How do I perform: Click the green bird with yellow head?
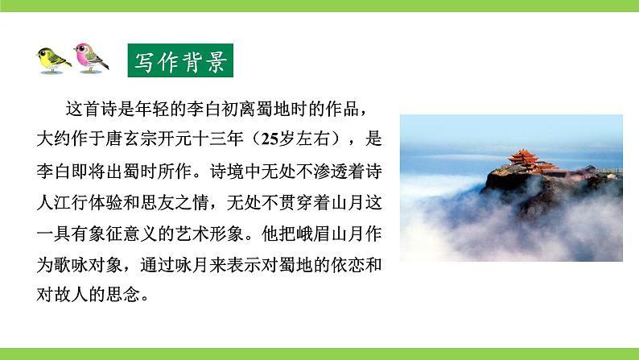[53, 59]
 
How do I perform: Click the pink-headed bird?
[89, 57]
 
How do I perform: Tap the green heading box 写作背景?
[180, 60]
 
